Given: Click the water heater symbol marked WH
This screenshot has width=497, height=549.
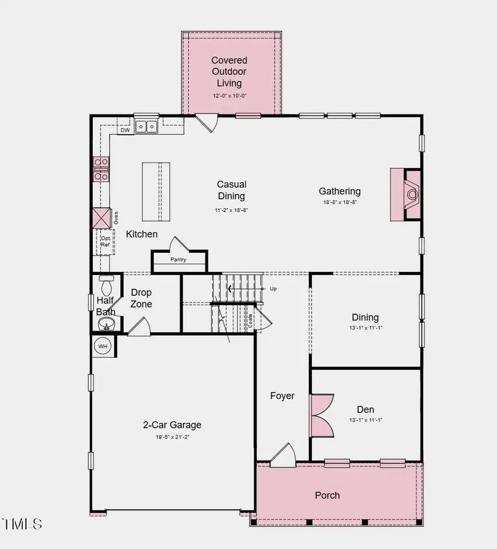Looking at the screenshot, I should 103,346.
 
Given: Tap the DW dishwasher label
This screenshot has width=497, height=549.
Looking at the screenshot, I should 125,131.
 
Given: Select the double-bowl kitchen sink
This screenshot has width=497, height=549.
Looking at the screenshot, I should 146,127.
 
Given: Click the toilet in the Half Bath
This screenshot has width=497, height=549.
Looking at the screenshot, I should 107,285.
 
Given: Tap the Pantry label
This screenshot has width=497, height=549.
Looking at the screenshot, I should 178,259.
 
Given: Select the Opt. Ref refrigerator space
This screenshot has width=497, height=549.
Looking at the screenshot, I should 105,241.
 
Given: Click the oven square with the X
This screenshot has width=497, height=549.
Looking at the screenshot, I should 102,218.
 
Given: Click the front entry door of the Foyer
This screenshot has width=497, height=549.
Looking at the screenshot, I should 283,453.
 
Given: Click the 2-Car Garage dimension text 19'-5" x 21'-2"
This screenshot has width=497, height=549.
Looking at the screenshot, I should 172,437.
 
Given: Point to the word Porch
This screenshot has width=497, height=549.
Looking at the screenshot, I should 327,495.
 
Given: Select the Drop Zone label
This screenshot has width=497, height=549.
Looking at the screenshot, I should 141,298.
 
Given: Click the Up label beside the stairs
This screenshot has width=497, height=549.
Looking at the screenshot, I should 273,289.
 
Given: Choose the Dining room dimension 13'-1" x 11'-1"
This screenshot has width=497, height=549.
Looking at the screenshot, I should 365,327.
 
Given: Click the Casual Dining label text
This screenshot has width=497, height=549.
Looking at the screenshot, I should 231,190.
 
